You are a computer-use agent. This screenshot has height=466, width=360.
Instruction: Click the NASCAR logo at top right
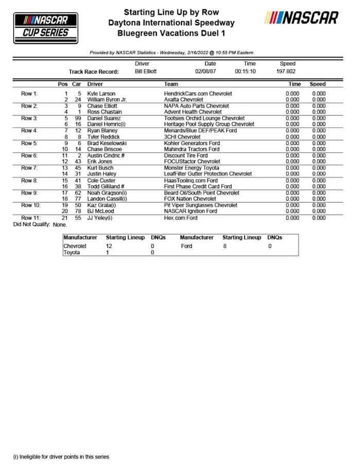[x=301, y=18]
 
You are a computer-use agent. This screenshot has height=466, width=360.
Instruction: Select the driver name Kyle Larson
[x=101, y=94]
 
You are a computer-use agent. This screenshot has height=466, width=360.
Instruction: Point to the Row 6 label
[x=29, y=155]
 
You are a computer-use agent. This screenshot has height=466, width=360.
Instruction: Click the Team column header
[x=171, y=84]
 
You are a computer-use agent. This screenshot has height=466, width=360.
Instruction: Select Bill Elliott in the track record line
[x=146, y=71]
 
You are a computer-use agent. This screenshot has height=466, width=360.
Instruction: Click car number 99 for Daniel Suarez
[x=77, y=118]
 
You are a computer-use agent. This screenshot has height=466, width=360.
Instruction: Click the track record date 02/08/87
[x=206, y=71]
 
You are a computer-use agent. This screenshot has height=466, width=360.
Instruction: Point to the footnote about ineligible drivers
[x=61, y=456]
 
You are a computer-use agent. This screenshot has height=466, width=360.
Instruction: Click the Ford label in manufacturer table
[x=186, y=246]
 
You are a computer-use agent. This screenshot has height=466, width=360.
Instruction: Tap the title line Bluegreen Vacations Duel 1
[x=171, y=33]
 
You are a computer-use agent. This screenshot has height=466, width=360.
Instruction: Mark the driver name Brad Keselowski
[x=107, y=143]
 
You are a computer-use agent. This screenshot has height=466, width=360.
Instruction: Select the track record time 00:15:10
[x=245, y=71]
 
